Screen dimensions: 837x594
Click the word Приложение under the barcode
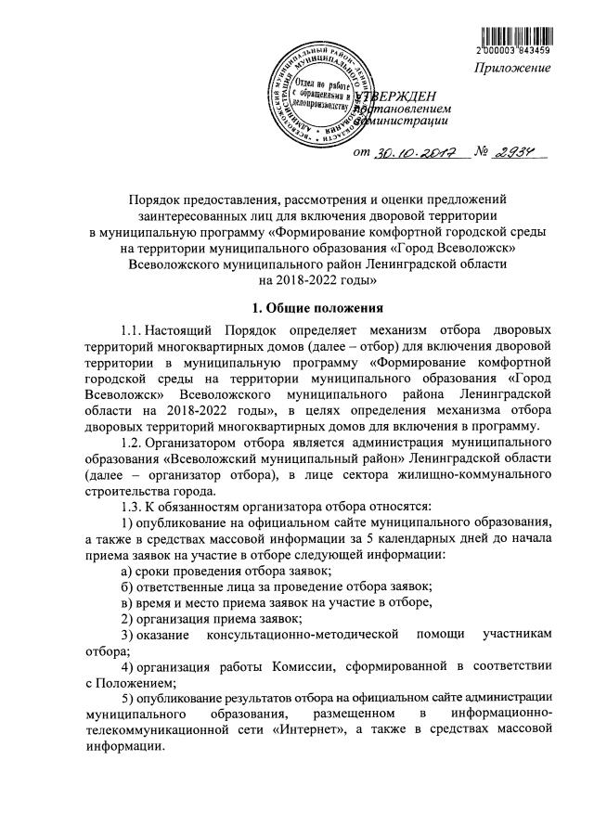(514, 70)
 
